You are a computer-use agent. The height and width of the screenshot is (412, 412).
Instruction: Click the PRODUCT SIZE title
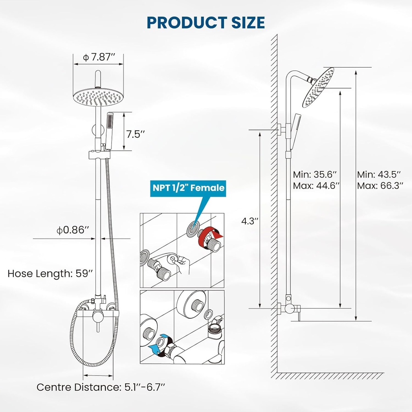coord(206,23)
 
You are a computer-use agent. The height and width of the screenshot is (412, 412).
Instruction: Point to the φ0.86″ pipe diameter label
coord(73,230)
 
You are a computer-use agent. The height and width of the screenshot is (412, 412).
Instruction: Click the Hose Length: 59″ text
coord(50,274)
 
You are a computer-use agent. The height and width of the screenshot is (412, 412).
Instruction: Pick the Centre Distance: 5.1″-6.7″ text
coord(101,387)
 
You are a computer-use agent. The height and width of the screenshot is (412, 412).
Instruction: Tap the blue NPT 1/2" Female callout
coord(187,187)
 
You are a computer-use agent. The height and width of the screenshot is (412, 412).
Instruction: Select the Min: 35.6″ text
coord(315,175)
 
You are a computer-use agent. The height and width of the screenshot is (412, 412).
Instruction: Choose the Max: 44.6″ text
coord(315,186)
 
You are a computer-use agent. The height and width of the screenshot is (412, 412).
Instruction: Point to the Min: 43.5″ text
coord(379,175)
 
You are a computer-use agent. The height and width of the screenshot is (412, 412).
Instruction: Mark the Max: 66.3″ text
coord(379,186)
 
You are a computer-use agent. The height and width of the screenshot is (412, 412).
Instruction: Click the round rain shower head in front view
coord(98,97)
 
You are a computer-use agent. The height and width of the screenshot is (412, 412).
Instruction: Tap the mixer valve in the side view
coord(290,309)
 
